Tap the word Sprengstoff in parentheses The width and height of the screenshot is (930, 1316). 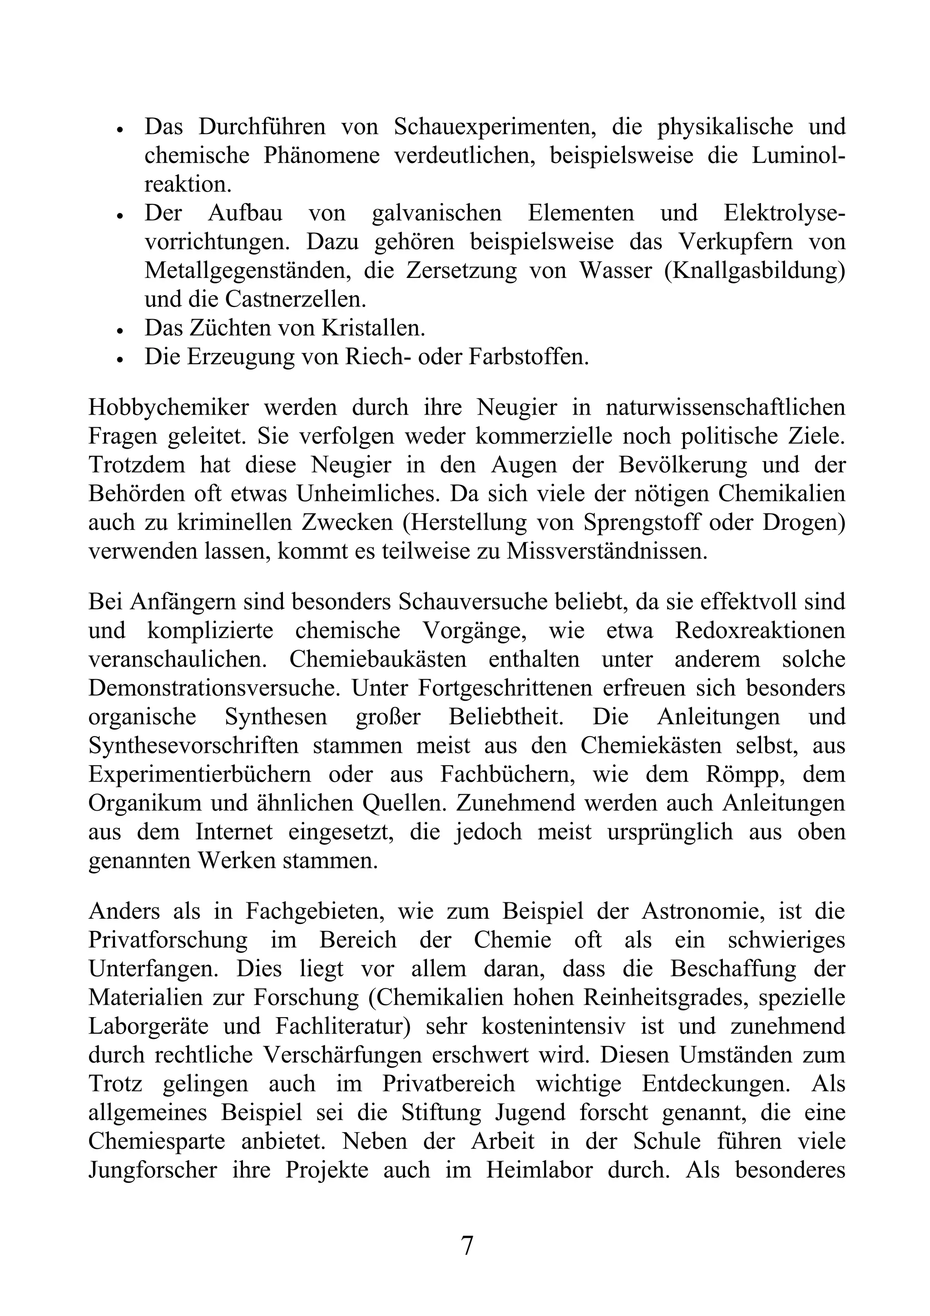coord(635,522)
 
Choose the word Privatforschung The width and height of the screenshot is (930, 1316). coord(168,940)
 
